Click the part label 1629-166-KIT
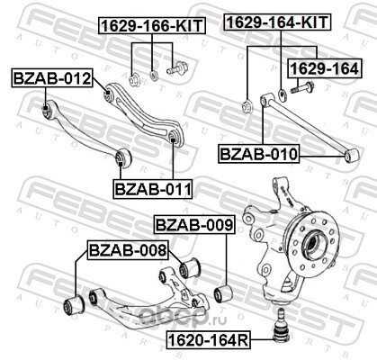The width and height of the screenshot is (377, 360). click(152, 25)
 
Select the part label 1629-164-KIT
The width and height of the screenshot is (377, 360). click(277, 22)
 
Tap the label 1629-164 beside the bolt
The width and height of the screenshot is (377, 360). click(325, 68)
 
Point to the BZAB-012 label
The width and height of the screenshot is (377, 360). click(52, 78)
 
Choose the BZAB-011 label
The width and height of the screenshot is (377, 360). click(152, 189)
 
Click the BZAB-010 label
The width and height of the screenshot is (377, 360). click(258, 154)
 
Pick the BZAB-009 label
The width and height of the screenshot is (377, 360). click(194, 225)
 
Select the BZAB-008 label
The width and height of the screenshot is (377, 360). click(128, 250)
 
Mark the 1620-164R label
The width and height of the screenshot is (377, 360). click(209, 340)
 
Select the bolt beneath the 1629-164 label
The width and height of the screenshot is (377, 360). click(301, 87)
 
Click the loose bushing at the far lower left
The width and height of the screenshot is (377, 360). click(74, 304)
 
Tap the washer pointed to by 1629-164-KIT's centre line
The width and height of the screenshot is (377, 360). click(283, 95)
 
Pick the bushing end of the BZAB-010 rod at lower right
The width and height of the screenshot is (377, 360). click(351, 155)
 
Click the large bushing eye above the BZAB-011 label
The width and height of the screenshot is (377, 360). click(122, 157)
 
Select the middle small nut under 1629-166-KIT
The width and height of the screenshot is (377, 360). click(154, 75)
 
